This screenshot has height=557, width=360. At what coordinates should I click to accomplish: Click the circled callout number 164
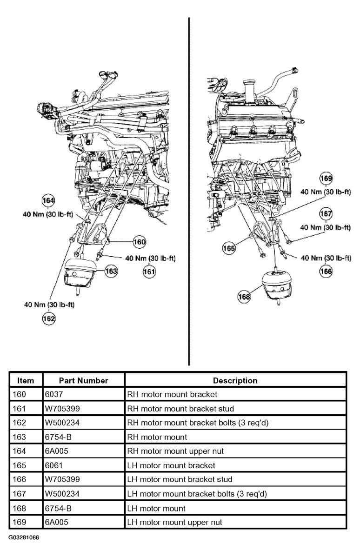pyautogui.click(x=48, y=200)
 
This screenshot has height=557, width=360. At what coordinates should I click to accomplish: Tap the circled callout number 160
pyautogui.click(x=140, y=242)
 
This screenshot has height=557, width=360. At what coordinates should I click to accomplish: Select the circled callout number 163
pyautogui.click(x=111, y=272)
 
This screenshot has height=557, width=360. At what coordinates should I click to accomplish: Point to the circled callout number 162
pyautogui.click(x=49, y=318)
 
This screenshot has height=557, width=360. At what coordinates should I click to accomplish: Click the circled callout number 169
pyautogui.click(x=326, y=178)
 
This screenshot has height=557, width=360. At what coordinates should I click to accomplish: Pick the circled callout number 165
pyautogui.click(x=229, y=248)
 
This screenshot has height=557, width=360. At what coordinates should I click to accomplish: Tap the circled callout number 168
pyautogui.click(x=244, y=296)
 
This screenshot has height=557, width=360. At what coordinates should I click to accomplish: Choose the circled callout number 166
pyautogui.click(x=326, y=272)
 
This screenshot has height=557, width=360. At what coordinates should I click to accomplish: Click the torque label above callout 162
pyautogui.click(x=49, y=305)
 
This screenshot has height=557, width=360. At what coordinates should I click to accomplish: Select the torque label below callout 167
pyautogui.click(x=326, y=227)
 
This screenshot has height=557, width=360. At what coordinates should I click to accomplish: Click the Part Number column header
pyautogui.click(x=84, y=380)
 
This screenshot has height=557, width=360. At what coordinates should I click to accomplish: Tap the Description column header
pyautogui.click(x=235, y=380)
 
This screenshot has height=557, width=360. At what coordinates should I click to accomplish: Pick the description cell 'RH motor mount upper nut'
pyautogui.click(x=175, y=451)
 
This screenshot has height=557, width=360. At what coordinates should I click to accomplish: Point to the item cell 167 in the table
pyautogui.click(x=19, y=494)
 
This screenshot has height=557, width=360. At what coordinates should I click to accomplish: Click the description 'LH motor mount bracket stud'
pyautogui.click(x=180, y=479)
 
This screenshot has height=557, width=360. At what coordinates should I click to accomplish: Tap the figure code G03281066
pyautogui.click(x=24, y=537)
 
